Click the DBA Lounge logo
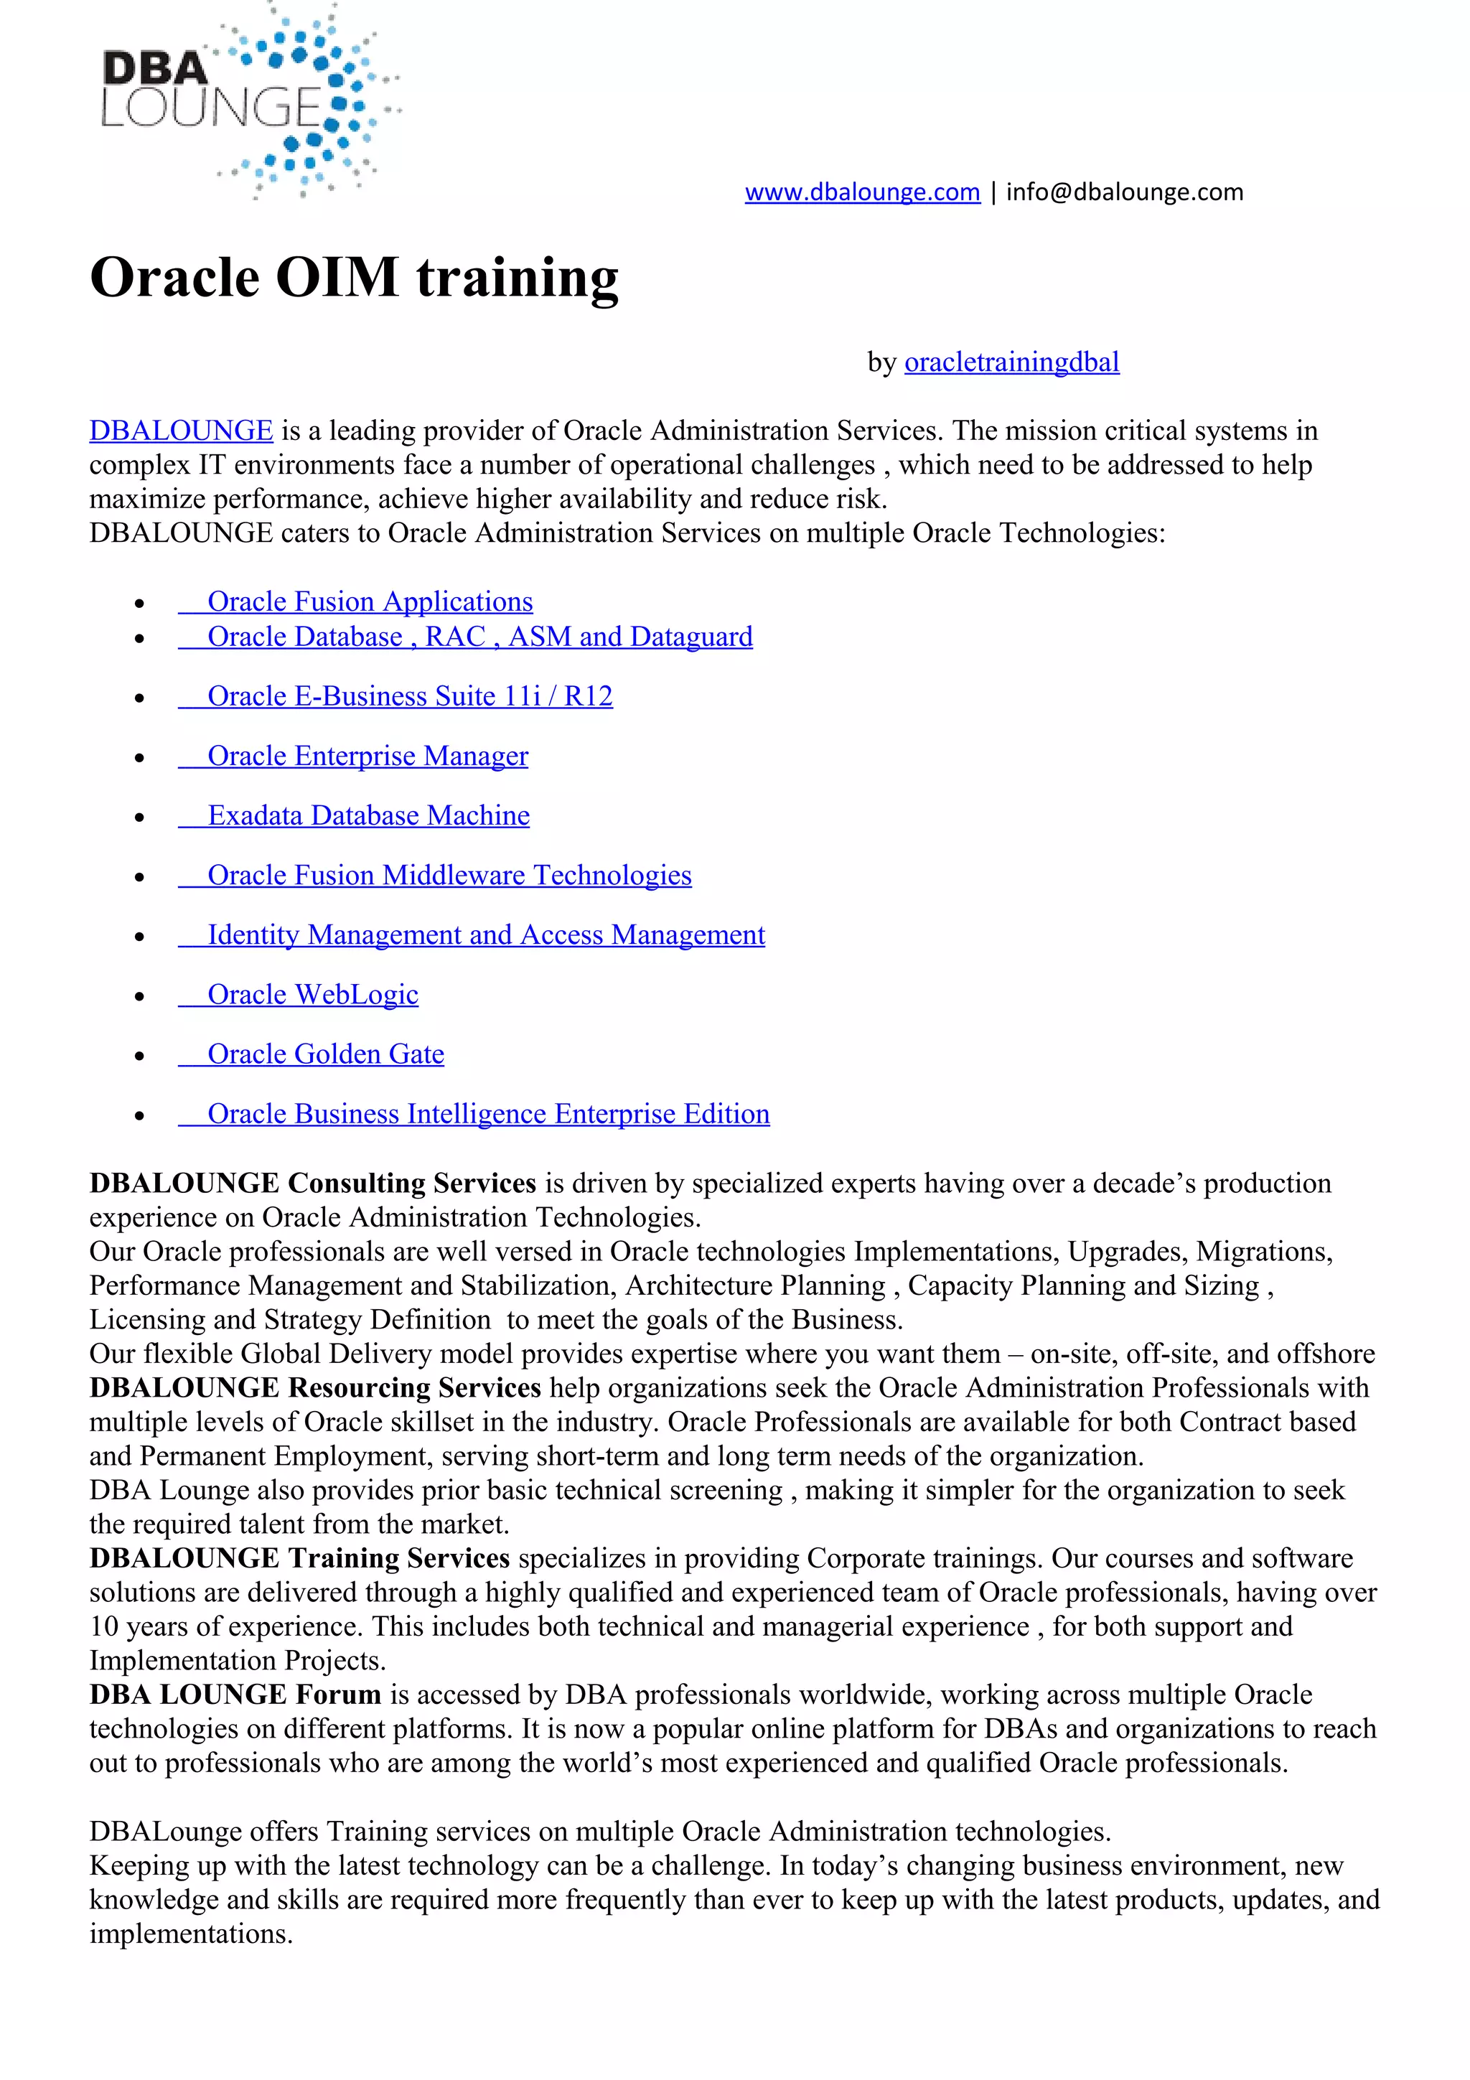click(x=249, y=101)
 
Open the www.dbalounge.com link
click(x=861, y=192)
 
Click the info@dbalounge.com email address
click(x=1124, y=192)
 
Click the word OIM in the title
click(x=337, y=277)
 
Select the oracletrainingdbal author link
click(x=1011, y=362)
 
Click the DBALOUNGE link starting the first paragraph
click(x=180, y=431)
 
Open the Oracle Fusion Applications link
click(x=370, y=601)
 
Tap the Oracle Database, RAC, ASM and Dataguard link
click(x=479, y=637)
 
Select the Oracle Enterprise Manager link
click(x=367, y=756)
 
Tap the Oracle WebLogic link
click(x=312, y=995)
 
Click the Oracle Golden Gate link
click(x=325, y=1054)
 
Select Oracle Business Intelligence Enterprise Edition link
click(x=488, y=1114)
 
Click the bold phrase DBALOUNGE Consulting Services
click(x=312, y=1183)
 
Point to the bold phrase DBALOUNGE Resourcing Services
click(x=314, y=1388)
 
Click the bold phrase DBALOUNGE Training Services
click(x=299, y=1558)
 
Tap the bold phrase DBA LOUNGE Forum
click(x=235, y=1695)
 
